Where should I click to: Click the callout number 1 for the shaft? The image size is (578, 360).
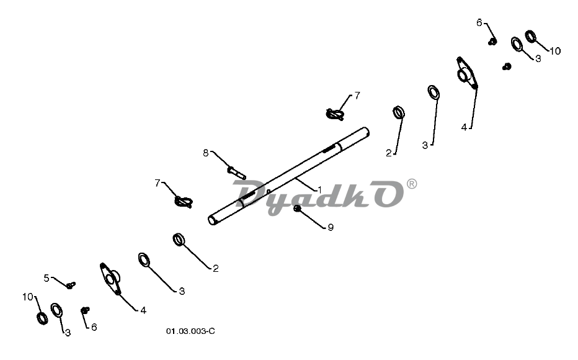point(319,190)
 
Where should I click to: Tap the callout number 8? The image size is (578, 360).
point(206,153)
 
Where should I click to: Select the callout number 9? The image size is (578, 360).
point(331,227)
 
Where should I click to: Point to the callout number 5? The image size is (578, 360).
point(47,277)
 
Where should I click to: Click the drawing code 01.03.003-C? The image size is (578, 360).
point(190,331)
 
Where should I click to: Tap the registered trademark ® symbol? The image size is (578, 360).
point(412,184)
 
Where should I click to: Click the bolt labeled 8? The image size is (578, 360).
point(237,173)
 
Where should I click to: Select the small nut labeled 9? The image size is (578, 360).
point(297,209)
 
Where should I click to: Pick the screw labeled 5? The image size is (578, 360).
point(71,285)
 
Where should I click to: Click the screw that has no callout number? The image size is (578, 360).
point(507,67)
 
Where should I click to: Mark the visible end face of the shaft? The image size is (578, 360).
point(212,220)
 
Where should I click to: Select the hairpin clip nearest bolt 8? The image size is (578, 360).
point(184,202)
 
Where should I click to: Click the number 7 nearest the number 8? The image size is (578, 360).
point(158,183)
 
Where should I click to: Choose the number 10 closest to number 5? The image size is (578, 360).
point(28,297)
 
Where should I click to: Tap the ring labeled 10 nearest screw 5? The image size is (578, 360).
point(42,318)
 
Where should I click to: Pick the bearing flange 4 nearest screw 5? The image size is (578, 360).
point(110,279)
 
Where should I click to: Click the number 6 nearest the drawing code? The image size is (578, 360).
point(94,327)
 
